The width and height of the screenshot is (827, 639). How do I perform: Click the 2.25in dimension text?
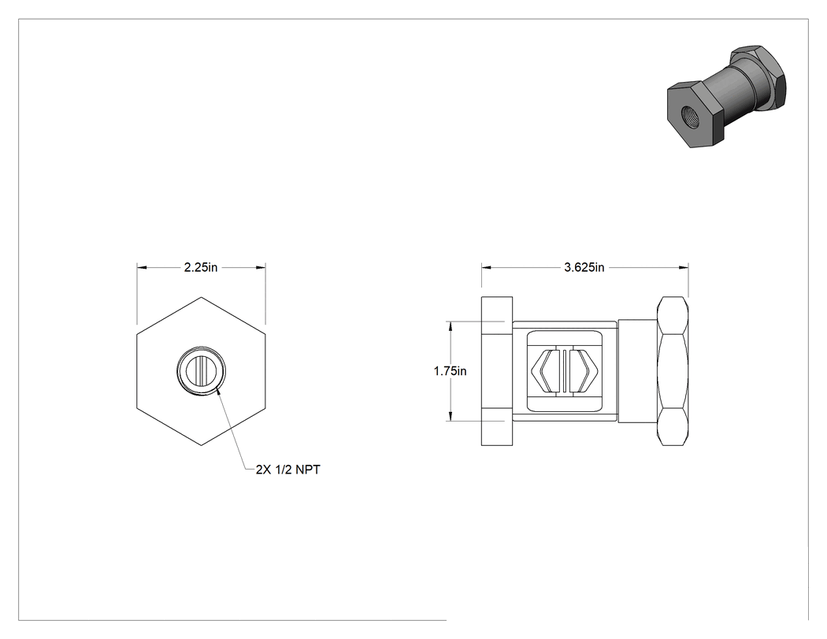click(x=200, y=268)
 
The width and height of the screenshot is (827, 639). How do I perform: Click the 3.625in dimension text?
click(x=584, y=268)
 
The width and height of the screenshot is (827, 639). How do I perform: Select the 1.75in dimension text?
click(x=450, y=371)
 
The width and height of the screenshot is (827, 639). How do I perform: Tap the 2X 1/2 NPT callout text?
click(x=288, y=469)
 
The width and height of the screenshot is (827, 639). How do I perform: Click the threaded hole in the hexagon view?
click(x=201, y=370)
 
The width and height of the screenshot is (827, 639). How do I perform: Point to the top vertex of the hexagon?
click(x=201, y=297)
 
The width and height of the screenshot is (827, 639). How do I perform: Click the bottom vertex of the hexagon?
click(x=201, y=445)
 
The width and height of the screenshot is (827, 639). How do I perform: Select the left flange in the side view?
click(x=497, y=371)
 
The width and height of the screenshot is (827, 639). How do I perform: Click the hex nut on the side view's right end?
click(x=673, y=371)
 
